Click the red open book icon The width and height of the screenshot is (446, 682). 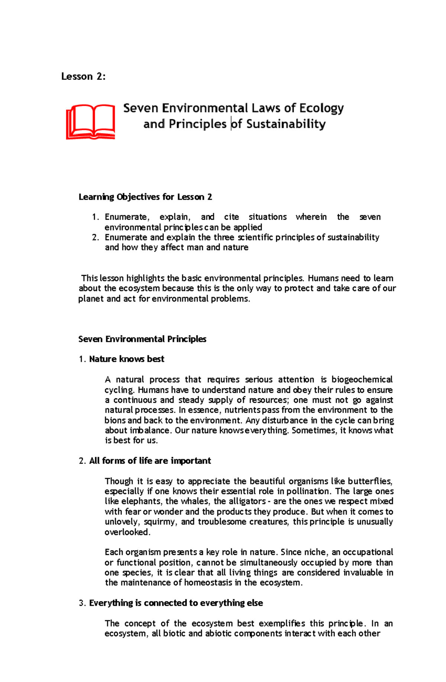(x=91, y=122)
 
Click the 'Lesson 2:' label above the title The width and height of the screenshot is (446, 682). (x=83, y=77)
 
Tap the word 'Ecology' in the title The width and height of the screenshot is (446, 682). (x=321, y=108)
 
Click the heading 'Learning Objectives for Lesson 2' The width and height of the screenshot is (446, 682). (x=145, y=197)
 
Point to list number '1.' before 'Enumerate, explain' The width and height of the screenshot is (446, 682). (x=96, y=217)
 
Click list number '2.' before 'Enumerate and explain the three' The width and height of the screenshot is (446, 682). (x=96, y=237)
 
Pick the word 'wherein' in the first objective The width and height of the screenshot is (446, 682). (x=311, y=217)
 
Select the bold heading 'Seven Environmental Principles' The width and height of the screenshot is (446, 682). (x=142, y=339)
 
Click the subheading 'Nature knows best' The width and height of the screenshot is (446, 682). (x=126, y=359)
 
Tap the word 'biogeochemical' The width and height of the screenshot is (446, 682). (x=362, y=379)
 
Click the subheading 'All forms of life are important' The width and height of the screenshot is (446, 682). (x=150, y=461)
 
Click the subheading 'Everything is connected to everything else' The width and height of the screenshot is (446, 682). (x=176, y=603)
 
